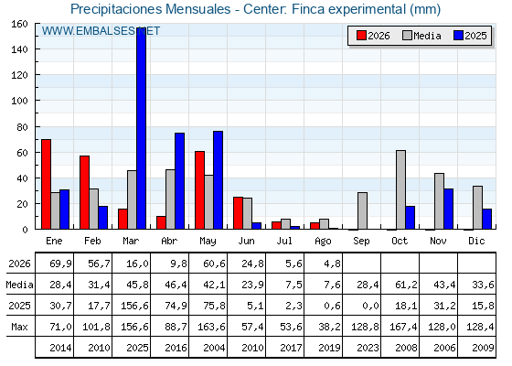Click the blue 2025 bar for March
click(142, 128)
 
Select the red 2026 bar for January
click(46, 184)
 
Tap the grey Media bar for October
click(400, 189)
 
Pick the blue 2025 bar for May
click(219, 180)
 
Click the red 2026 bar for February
click(84, 192)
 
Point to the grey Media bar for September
click(362, 210)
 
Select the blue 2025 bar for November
click(449, 209)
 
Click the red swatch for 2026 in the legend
click(361, 36)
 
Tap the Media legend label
click(427, 36)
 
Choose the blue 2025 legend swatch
click(458, 36)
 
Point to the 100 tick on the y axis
click(19, 101)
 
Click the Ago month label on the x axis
click(323, 242)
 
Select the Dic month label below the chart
click(476, 241)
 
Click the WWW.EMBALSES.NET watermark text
click(101, 31)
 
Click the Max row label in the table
click(19, 327)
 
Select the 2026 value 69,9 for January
click(60, 264)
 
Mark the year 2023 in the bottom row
click(368, 348)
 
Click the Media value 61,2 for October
click(406, 285)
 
